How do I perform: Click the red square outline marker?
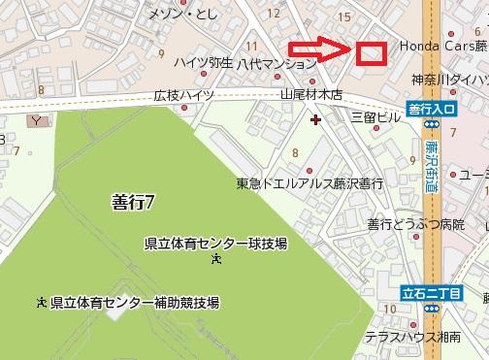(x=371, y=51)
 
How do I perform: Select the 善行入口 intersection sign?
(x=431, y=112)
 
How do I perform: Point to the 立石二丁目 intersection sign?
(x=432, y=292)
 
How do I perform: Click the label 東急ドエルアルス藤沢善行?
(x=310, y=182)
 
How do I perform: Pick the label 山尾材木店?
(x=311, y=95)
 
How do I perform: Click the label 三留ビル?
(x=376, y=115)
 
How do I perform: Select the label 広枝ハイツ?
(x=184, y=96)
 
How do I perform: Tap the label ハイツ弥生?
(x=203, y=62)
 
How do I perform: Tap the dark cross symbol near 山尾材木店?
(x=314, y=119)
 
